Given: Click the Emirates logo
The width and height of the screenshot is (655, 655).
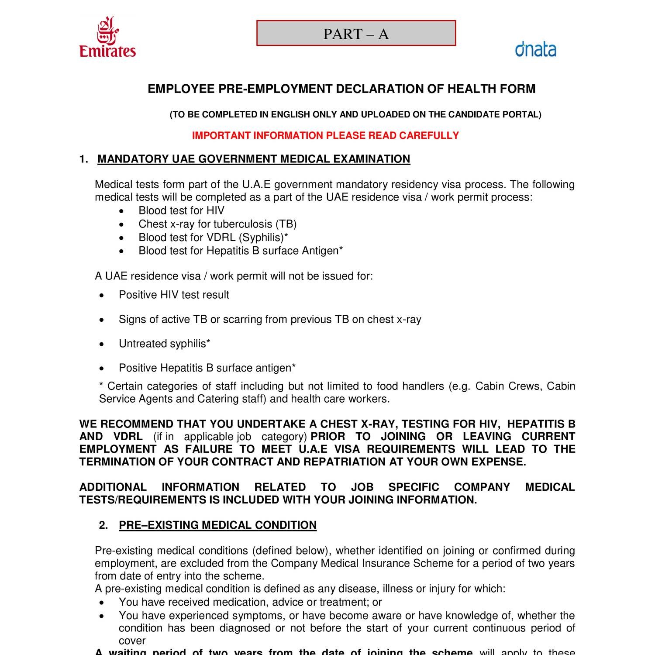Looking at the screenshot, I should [x=107, y=38].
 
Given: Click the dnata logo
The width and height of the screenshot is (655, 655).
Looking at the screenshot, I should [x=535, y=49].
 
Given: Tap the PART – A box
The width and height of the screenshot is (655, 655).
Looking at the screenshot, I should [x=356, y=33].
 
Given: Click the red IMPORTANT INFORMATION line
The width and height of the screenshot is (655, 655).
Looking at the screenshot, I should [x=325, y=135].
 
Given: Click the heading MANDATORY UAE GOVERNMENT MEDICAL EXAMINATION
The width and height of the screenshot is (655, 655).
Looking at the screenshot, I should [x=254, y=159].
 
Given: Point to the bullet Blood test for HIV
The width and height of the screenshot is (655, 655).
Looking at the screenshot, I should [x=181, y=210].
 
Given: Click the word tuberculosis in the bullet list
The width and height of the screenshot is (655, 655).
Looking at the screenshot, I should [x=242, y=224].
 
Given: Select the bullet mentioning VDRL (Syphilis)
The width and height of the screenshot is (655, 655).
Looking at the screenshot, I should [x=213, y=238].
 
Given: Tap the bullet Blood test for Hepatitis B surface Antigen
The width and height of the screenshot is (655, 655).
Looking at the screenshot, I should [x=241, y=251].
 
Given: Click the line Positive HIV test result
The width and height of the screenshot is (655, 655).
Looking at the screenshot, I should [x=174, y=295].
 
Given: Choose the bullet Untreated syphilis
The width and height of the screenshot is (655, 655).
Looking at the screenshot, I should [x=164, y=344].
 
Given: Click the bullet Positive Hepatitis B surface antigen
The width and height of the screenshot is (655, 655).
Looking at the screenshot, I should [x=207, y=368].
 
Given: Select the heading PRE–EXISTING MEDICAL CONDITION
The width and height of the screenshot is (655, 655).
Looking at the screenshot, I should [x=217, y=525].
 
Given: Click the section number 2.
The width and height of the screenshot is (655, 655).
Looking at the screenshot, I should [x=103, y=525].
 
